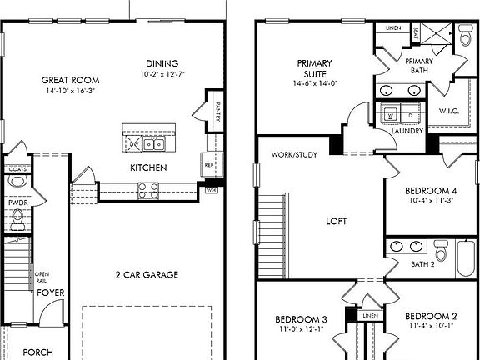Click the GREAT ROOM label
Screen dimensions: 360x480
point(65,81)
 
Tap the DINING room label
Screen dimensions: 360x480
point(162,63)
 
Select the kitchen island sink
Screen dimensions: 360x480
point(152,144)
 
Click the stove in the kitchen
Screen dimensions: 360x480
point(148,191)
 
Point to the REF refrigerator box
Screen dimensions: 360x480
point(207,164)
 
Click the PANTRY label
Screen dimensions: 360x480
point(218,111)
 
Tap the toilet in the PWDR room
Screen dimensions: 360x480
point(17,218)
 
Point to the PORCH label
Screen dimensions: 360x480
point(37,352)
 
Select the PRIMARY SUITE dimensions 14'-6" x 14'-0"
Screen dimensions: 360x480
point(313,83)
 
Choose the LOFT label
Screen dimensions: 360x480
point(337,221)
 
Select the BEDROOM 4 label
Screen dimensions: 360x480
point(432,189)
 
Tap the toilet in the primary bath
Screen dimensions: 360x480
point(464,35)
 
